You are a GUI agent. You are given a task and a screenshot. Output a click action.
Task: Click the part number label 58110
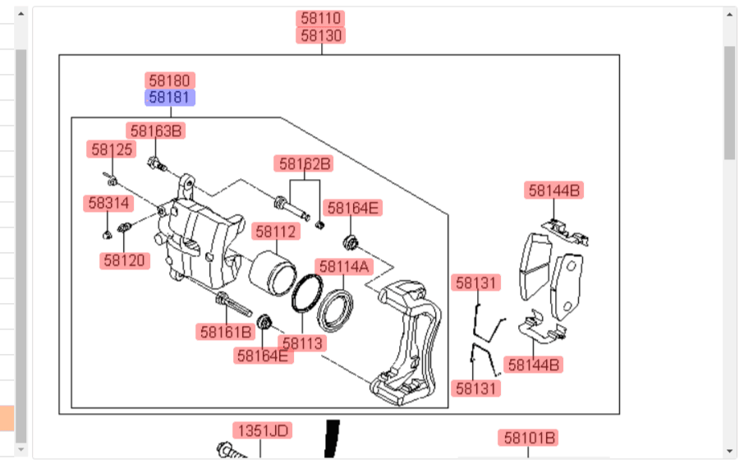[320, 18]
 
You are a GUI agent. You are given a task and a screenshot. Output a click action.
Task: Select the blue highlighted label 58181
[170, 98]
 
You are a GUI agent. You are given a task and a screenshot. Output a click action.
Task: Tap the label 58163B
[155, 131]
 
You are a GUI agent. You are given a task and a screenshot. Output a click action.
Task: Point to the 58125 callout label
[112, 149]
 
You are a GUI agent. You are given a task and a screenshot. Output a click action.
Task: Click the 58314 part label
[108, 203]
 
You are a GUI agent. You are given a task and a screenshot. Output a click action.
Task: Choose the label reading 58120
[125, 260]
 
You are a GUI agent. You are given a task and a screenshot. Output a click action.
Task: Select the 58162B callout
[304, 163]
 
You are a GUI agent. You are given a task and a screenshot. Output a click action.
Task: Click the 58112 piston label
[276, 232]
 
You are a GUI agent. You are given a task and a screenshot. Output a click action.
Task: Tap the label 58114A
[344, 266]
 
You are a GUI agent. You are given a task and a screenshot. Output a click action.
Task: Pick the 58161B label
[225, 332]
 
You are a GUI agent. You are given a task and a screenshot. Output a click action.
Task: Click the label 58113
[302, 342]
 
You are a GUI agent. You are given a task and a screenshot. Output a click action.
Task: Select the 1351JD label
[263, 430]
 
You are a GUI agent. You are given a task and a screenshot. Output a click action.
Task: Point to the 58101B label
[528, 438]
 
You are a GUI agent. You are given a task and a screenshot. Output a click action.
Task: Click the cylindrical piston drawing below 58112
[273, 273]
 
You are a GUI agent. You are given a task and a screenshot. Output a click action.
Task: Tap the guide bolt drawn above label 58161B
[233, 305]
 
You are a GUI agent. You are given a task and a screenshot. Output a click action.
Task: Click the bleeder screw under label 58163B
[157, 164]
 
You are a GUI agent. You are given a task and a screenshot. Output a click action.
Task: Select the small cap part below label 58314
[108, 234]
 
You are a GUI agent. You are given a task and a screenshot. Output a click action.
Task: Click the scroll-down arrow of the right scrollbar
[730, 450]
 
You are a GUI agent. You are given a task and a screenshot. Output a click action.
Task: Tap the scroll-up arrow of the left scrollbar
[21, 14]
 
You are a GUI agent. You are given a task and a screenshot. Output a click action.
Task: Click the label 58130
[320, 35]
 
